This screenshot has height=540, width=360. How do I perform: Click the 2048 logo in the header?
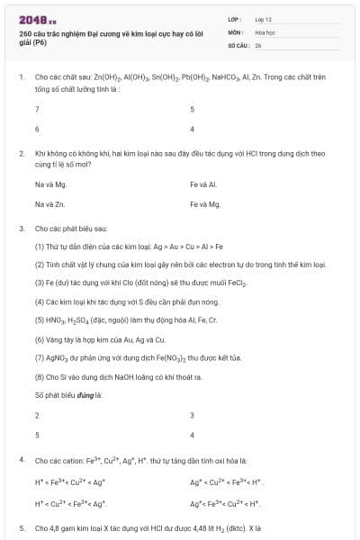35,19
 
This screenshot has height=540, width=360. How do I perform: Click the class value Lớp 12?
264,18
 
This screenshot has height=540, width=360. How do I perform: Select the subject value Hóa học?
265,31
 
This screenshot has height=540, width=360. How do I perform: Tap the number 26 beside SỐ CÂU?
258,43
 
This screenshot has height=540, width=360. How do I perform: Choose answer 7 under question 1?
37,109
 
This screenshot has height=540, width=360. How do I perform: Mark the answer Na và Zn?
50,204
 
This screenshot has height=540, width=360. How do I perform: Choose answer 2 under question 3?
37,415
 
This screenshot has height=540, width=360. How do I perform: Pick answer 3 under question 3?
192,415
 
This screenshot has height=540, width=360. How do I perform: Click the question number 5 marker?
22,528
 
